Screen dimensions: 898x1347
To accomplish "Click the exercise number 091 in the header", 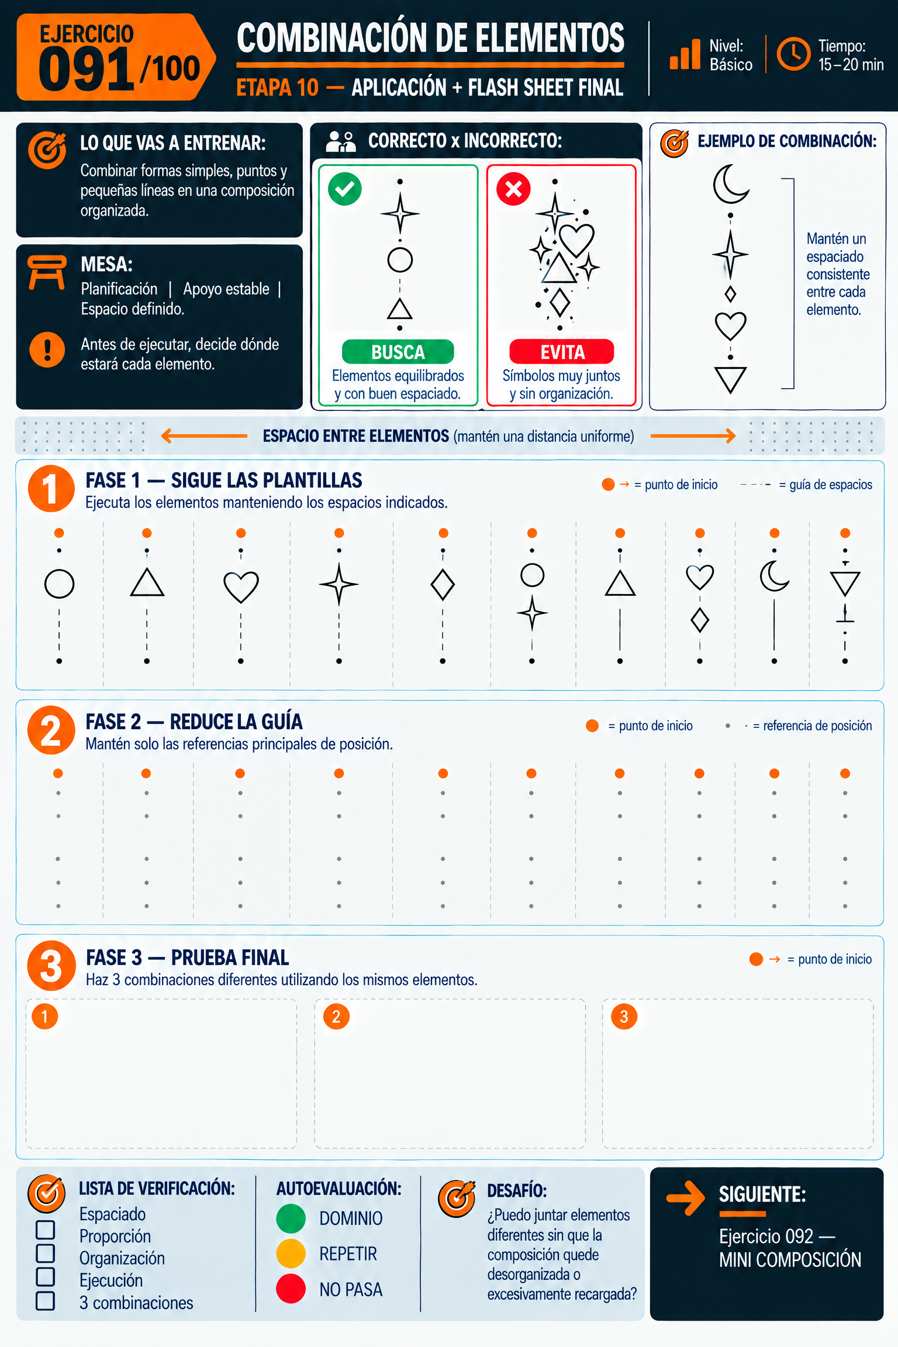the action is (x=87, y=70).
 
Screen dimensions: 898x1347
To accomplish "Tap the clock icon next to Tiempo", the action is (x=793, y=54).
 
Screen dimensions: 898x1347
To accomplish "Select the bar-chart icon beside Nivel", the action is (x=685, y=54).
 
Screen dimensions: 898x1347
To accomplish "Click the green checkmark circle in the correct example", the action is (x=345, y=189).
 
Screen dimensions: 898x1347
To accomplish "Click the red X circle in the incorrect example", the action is (x=513, y=189).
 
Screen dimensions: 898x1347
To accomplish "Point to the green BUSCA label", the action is (x=398, y=352).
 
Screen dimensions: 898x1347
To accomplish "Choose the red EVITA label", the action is (x=562, y=352).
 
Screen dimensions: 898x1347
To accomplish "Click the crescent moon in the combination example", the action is (x=730, y=184).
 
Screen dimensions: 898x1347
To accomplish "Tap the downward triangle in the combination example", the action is (x=730, y=380).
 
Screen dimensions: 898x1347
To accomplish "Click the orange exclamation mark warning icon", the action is (x=47, y=350).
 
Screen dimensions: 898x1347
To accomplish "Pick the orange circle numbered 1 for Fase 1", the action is (x=51, y=489).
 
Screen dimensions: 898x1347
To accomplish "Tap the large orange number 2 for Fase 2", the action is (x=51, y=730).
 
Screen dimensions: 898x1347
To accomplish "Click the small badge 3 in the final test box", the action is (x=624, y=1017).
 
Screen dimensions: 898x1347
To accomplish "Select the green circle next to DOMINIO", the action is (x=291, y=1218).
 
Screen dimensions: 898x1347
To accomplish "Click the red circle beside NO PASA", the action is (x=291, y=1289).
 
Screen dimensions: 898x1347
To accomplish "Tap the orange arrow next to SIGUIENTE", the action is (x=686, y=1198).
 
